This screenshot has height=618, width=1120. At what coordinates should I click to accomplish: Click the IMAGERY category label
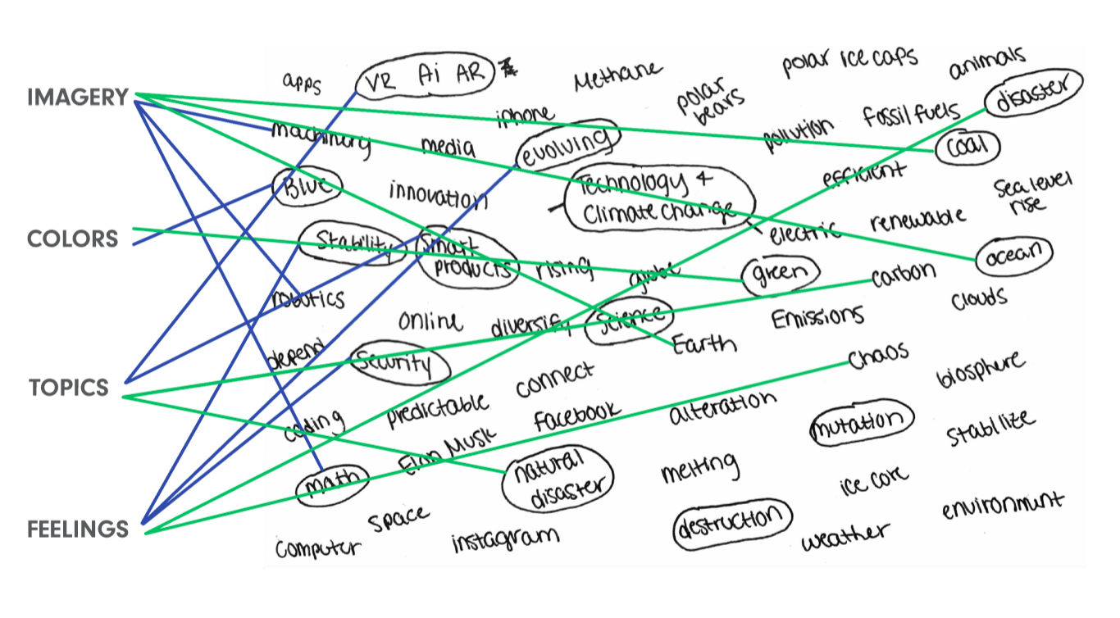point(78,98)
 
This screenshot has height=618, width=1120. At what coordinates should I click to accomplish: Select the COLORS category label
point(72,239)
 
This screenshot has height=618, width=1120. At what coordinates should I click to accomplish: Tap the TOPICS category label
point(69,388)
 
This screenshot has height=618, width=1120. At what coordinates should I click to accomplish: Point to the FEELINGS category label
point(78,529)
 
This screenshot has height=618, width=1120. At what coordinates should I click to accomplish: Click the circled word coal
point(968,148)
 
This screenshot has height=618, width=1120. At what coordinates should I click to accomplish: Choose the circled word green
point(780,273)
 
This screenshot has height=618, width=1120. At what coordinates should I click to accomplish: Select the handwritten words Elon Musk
point(448,451)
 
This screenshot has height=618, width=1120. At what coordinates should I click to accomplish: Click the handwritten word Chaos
point(878,355)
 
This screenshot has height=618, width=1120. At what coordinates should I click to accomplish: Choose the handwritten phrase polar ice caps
point(849,61)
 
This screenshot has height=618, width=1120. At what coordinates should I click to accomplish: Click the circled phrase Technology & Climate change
point(656,199)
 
